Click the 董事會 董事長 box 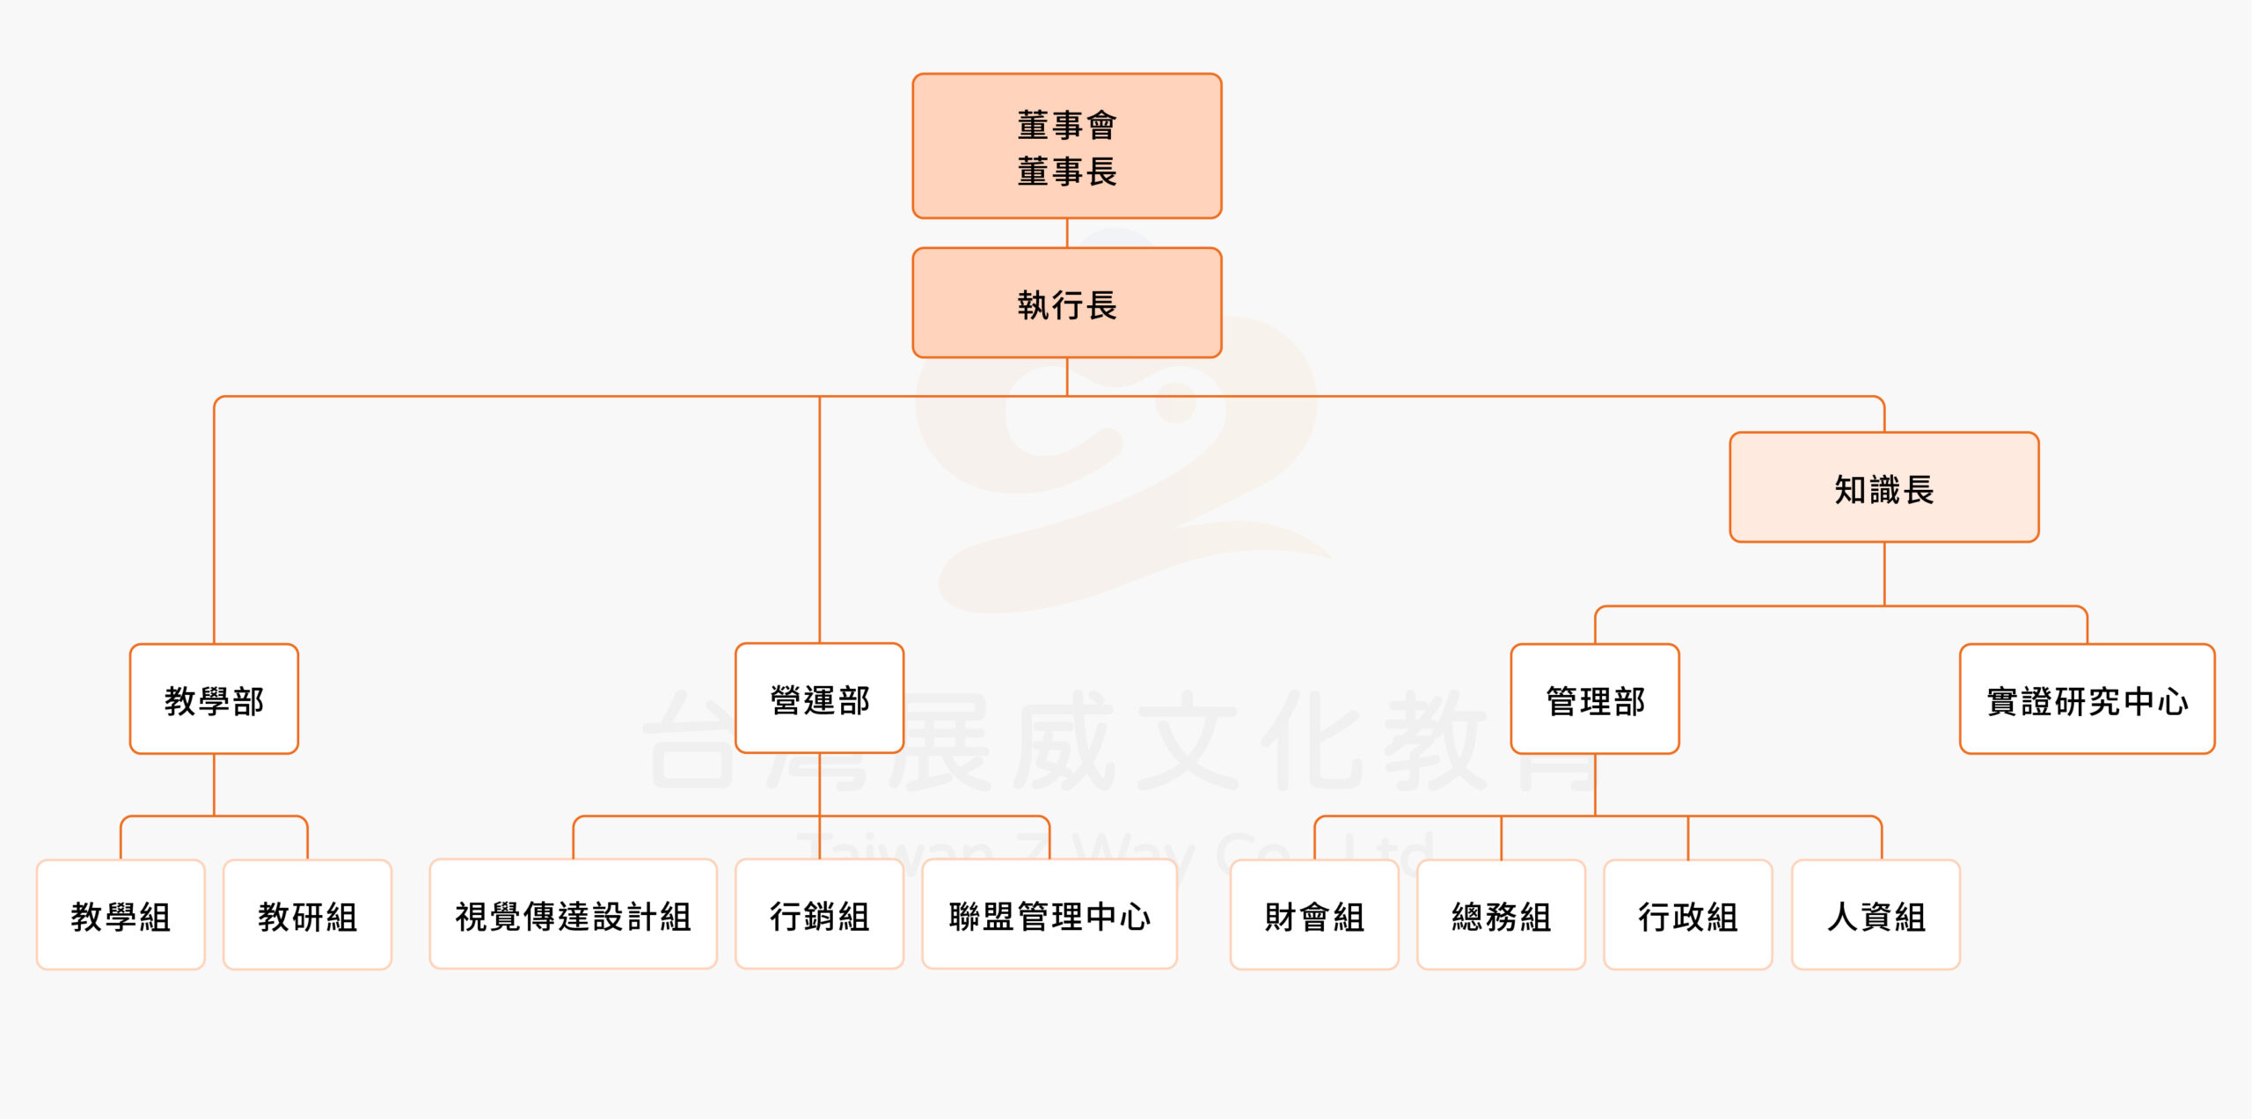[x=1066, y=146]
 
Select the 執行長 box [x=1066, y=304]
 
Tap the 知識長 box [x=1883, y=487]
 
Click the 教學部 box [x=214, y=699]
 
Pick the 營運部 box [x=819, y=698]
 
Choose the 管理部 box [x=1594, y=699]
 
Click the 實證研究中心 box [x=2087, y=699]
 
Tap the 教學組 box [x=121, y=915]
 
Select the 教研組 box [x=307, y=915]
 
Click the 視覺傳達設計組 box [x=573, y=915]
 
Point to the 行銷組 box [x=819, y=915]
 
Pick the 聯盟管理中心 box [x=1049, y=915]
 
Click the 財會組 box [x=1314, y=915]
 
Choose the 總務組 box [x=1501, y=915]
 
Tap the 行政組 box [x=1687, y=915]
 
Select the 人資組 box [x=1875, y=915]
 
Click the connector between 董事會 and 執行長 [x=1067, y=233]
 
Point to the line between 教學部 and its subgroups [x=214, y=785]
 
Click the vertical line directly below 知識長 [x=1884, y=574]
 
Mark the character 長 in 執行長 [x=1101, y=305]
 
